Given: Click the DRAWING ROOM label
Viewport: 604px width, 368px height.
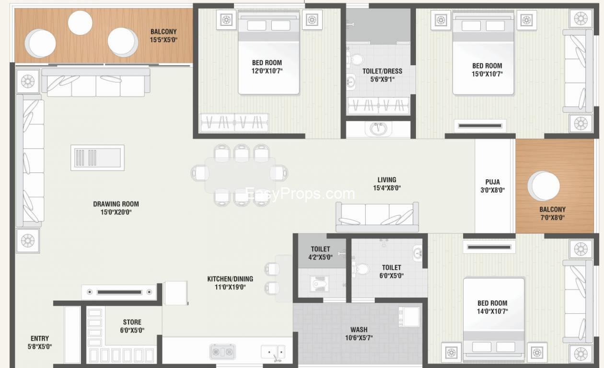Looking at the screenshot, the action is [x=116, y=204].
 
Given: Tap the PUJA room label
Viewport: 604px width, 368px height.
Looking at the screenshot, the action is [x=492, y=182].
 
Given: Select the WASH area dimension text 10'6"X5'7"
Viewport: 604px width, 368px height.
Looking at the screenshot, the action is [x=359, y=338].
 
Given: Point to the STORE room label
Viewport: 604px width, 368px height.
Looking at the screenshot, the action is [x=132, y=322].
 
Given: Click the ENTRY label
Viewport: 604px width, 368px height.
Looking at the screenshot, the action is [x=40, y=339].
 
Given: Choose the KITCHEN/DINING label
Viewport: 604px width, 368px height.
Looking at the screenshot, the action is [x=230, y=279].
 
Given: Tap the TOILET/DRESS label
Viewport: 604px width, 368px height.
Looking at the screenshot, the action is [x=383, y=71].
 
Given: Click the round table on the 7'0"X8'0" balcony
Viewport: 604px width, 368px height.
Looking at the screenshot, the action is [x=544, y=186].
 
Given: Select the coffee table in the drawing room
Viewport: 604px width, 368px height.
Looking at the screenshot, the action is [x=98, y=158].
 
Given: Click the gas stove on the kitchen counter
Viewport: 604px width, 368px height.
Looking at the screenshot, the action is [x=222, y=352].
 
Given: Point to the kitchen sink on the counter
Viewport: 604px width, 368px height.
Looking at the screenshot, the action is [x=273, y=352].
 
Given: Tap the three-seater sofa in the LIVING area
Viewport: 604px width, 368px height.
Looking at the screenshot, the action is [x=377, y=217].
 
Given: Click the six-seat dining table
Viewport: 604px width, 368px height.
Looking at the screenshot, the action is [x=240, y=175].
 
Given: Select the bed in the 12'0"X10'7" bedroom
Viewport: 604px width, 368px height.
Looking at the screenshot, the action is [x=268, y=53].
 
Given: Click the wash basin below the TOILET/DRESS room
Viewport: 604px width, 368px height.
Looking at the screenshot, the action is [x=379, y=129].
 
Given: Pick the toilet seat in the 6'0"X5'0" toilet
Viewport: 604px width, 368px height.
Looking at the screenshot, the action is [x=360, y=268].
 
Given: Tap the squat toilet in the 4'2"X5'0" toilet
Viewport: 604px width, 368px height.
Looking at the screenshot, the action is [x=319, y=284].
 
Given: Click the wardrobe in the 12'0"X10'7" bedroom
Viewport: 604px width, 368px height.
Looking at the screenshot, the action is [x=234, y=123].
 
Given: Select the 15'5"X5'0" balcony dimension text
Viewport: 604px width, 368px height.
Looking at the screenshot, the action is [x=163, y=40].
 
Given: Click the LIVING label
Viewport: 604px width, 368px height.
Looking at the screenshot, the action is [x=387, y=180].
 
